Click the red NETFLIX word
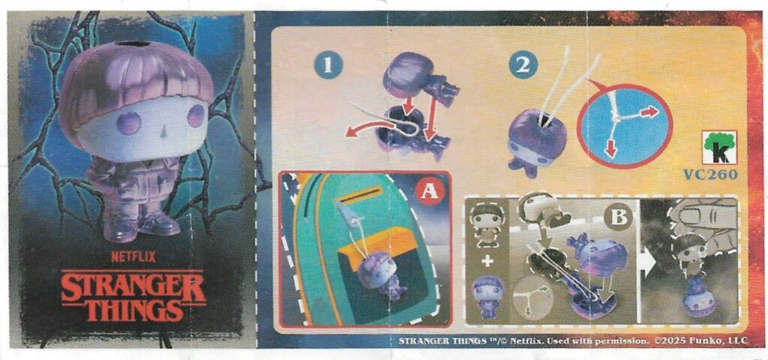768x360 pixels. pos(133,256)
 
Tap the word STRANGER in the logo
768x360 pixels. pos(133,286)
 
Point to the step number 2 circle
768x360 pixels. pos(523,66)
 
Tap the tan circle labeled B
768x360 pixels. pos(618,218)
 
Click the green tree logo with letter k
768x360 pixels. pos(719,148)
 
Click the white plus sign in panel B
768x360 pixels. pos(487,261)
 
